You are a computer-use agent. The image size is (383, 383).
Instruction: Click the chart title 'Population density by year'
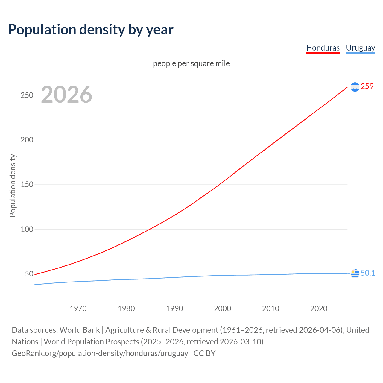click(x=91, y=30)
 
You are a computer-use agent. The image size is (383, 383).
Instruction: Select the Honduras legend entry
click(x=323, y=48)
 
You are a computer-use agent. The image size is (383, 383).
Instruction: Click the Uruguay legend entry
click(x=360, y=48)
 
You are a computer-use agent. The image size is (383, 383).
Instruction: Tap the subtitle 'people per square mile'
click(x=191, y=64)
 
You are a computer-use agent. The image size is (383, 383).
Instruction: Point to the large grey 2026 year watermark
click(x=66, y=95)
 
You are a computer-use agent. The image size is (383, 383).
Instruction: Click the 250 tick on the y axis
click(x=27, y=95)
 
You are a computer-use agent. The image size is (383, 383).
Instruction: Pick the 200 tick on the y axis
click(x=27, y=140)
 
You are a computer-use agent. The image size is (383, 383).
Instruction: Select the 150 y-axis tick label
click(x=27, y=185)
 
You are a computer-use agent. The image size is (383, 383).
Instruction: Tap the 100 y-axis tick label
click(x=27, y=229)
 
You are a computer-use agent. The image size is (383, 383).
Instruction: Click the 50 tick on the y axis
click(x=29, y=274)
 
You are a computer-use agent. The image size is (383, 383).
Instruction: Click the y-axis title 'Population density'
click(x=13, y=186)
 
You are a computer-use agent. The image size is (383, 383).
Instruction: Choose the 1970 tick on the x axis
click(x=78, y=308)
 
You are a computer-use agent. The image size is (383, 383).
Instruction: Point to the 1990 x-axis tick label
click(x=174, y=308)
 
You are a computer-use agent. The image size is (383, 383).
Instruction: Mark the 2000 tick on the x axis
click(x=222, y=308)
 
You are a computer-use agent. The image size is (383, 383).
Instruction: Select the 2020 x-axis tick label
click(x=319, y=308)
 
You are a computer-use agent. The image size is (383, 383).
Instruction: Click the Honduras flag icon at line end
click(x=355, y=87)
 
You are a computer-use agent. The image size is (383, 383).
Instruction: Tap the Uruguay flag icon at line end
click(x=355, y=273)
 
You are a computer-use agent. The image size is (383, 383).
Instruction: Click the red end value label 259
click(x=367, y=86)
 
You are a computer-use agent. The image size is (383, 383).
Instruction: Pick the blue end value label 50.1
click(x=368, y=273)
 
